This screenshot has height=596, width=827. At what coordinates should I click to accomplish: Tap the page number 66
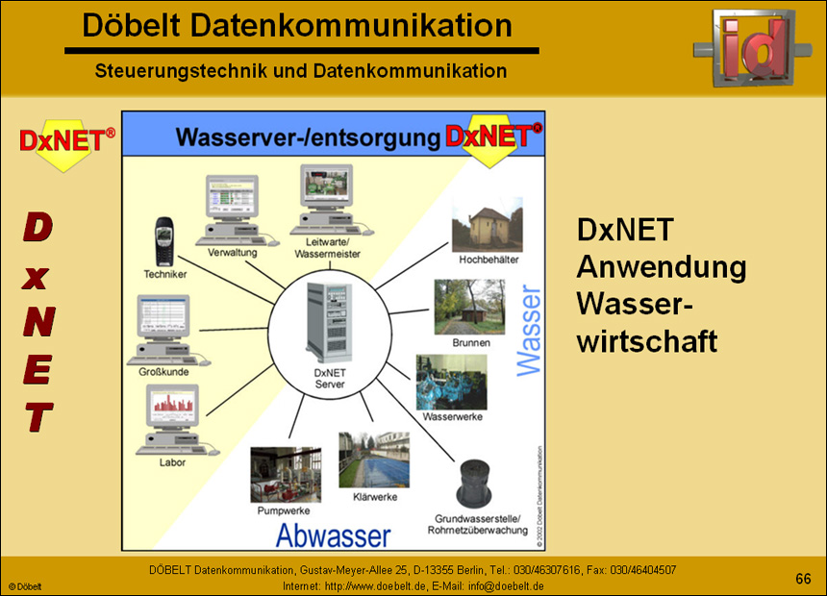[x=803, y=578]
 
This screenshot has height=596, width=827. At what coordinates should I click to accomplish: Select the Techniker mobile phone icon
[x=164, y=243]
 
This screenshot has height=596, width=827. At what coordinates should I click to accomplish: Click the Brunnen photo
[x=470, y=307]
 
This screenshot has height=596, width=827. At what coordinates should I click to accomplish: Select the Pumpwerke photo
[x=286, y=474]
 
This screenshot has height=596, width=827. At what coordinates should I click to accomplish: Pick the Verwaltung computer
[x=230, y=209]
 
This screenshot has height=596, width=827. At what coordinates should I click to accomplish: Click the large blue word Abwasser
[x=334, y=535]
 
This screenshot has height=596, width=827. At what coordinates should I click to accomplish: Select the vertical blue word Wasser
[x=530, y=327]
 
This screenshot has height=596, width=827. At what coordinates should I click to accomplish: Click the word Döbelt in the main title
[x=129, y=26]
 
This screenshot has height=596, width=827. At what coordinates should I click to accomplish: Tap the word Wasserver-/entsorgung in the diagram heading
[x=308, y=137]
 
